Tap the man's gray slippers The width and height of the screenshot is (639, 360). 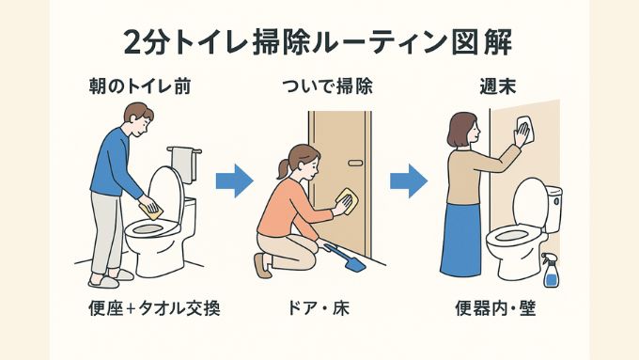pos(102,278)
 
